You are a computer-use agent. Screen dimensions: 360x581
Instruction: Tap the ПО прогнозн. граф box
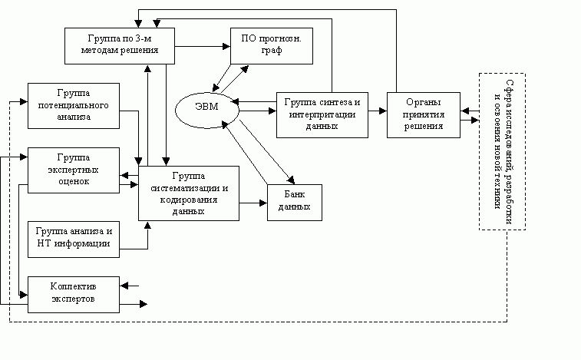(272, 45)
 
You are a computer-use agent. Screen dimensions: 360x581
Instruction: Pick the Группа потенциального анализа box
(74, 104)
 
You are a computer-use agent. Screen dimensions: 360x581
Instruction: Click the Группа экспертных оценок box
(74, 168)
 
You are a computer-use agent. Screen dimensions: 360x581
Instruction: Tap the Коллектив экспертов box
(74, 293)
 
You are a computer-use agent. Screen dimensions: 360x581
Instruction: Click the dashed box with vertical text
(502, 151)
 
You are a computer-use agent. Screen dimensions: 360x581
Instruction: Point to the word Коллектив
(74, 287)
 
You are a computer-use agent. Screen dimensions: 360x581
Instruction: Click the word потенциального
(74, 104)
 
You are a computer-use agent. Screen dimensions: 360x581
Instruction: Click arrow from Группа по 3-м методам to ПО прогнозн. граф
(203, 48)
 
